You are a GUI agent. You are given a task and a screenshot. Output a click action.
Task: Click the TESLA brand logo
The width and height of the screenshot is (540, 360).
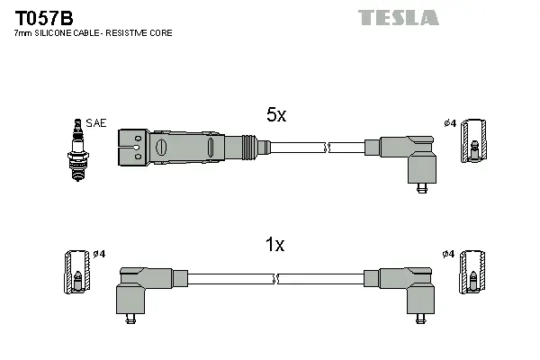click(x=398, y=17)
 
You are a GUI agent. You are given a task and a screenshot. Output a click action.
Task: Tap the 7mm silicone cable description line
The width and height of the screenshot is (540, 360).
click(x=93, y=33)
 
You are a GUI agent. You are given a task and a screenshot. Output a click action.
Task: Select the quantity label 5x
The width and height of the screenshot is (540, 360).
click(x=275, y=115)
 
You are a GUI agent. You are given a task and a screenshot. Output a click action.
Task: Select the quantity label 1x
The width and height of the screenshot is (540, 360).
click(x=275, y=245)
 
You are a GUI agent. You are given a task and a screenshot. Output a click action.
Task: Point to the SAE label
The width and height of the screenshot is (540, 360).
click(x=95, y=122)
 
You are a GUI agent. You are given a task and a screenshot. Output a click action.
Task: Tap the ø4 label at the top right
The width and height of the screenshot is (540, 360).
click(x=450, y=123)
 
